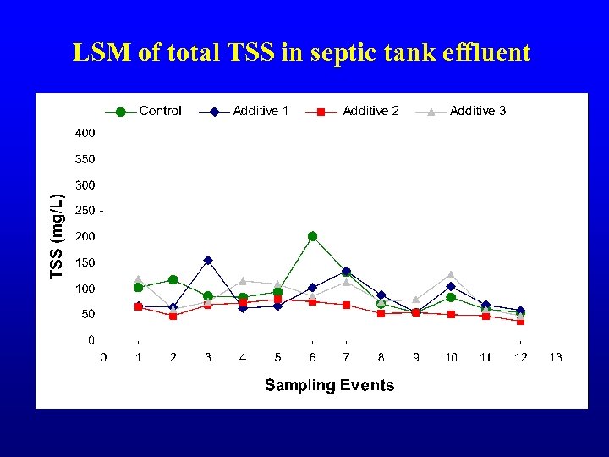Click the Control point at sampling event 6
pyautogui.click(x=312, y=236)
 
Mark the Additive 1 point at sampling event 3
pyautogui.click(x=208, y=260)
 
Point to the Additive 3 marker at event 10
pyautogui.click(x=451, y=274)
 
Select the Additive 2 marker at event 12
pyautogui.click(x=520, y=322)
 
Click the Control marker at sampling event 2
pyautogui.click(x=173, y=279)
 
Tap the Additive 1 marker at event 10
pyautogui.click(x=451, y=286)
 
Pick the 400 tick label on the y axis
pyautogui.click(x=85, y=133)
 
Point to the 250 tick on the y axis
pyautogui.click(x=85, y=211)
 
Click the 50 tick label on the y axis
pyautogui.click(x=87, y=315)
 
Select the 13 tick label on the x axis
pyautogui.click(x=555, y=357)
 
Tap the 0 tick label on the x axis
pyautogui.click(x=104, y=357)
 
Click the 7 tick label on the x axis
pyautogui.click(x=347, y=357)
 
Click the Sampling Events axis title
pyautogui.click(x=329, y=386)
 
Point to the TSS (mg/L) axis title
pyautogui.click(x=58, y=236)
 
